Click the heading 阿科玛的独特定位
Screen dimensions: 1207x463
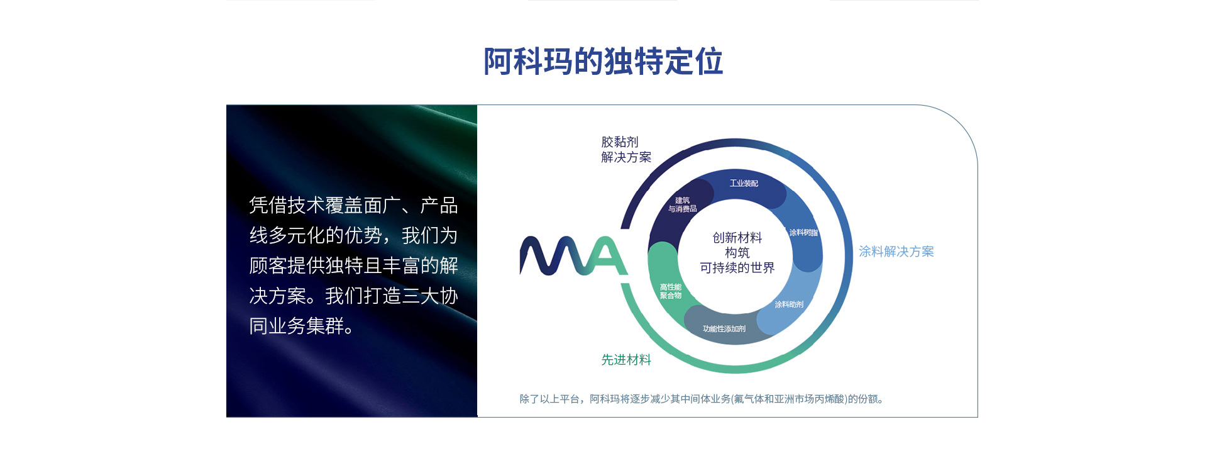pyautogui.click(x=603, y=62)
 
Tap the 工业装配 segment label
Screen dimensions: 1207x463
pyautogui.click(x=744, y=183)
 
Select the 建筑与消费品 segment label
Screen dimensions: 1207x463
pyautogui.click(x=682, y=204)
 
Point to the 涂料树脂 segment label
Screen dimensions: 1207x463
pyautogui.click(x=803, y=233)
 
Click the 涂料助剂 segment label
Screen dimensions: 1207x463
pyautogui.click(x=789, y=304)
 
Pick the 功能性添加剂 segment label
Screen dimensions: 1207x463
pyautogui.click(x=724, y=329)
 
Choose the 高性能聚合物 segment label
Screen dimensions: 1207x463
pyautogui.click(x=671, y=291)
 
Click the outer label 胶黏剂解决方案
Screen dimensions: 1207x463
pyautogui.click(x=626, y=150)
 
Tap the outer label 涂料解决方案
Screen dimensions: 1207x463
pyautogui.click(x=896, y=252)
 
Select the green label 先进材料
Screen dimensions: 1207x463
pyautogui.click(x=626, y=360)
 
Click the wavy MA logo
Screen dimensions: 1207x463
pyautogui.click(x=573, y=256)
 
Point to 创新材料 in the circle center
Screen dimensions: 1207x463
pyautogui.click(x=737, y=238)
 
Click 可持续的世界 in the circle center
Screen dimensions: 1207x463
pyautogui.click(x=737, y=268)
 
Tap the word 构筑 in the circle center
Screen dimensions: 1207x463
pyautogui.click(x=737, y=253)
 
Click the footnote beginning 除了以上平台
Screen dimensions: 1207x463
pyautogui.click(x=702, y=399)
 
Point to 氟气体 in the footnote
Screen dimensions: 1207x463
pyautogui.click(x=747, y=399)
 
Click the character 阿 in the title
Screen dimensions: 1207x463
pyautogui.click(x=498, y=62)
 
